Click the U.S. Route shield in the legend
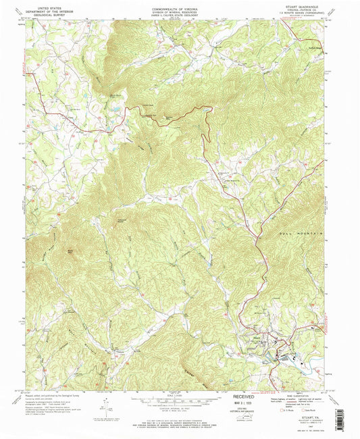282,409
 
